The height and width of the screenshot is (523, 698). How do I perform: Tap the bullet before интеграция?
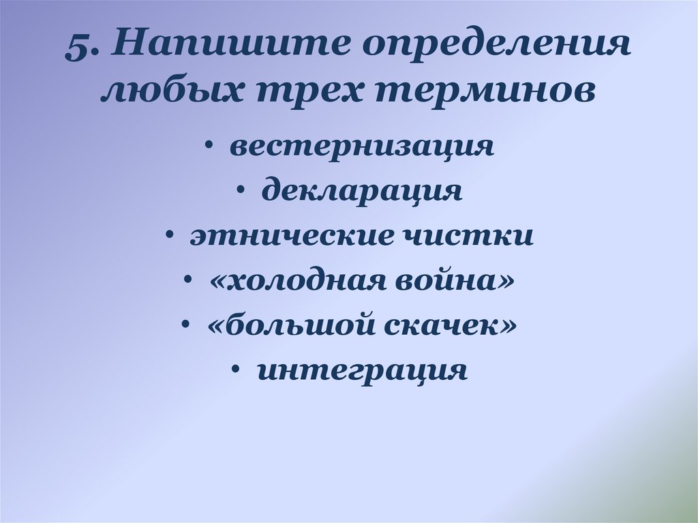[234, 372]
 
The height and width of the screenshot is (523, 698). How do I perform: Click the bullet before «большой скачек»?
[185, 327]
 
